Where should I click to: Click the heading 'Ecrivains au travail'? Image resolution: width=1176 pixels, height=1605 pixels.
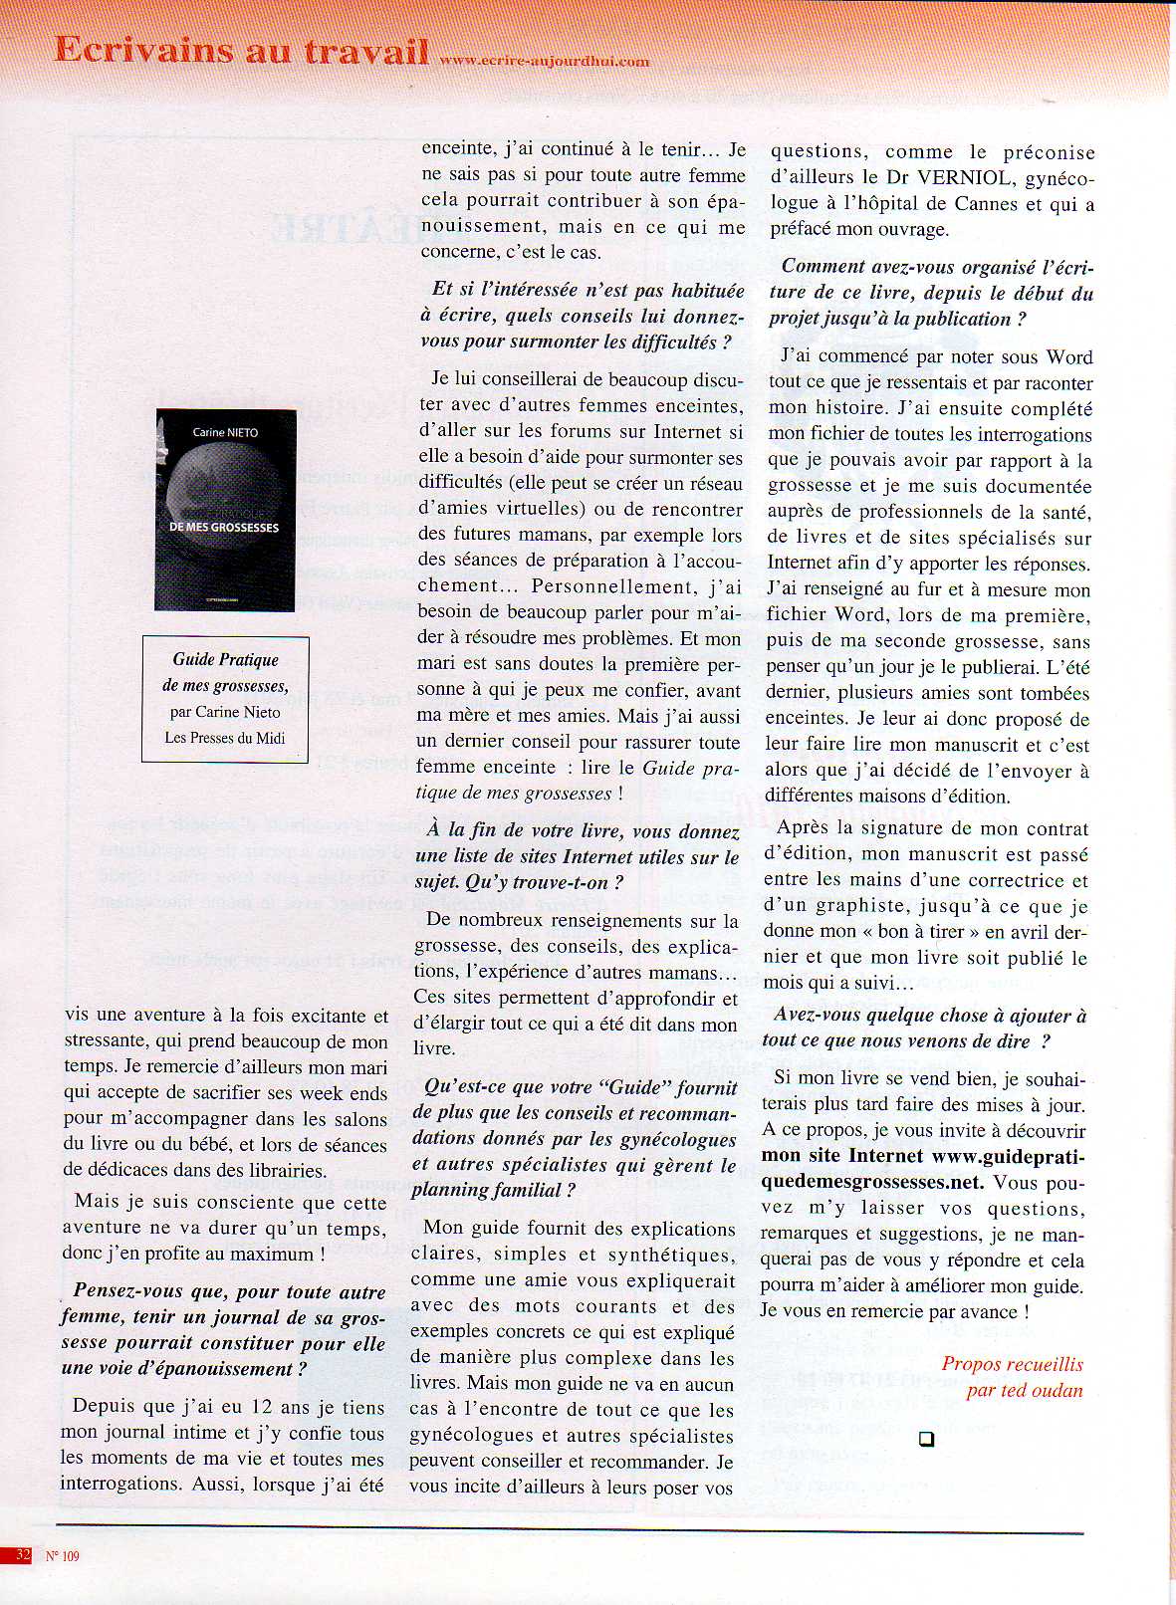tap(241, 50)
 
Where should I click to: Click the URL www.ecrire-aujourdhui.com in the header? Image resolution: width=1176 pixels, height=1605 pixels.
tap(544, 61)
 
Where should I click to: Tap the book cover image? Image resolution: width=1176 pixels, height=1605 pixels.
tap(226, 510)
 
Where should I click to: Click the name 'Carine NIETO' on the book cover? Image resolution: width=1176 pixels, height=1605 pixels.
tap(225, 432)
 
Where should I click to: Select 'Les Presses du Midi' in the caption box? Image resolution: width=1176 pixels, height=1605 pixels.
tap(225, 738)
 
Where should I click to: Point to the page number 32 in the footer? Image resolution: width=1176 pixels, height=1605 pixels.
tap(23, 1554)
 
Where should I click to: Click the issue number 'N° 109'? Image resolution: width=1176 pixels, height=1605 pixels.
tap(63, 1555)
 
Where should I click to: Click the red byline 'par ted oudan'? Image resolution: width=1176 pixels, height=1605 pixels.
tap(1024, 1390)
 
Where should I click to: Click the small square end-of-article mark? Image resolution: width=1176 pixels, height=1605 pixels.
tap(926, 1439)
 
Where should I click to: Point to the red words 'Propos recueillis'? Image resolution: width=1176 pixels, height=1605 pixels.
tap(1012, 1364)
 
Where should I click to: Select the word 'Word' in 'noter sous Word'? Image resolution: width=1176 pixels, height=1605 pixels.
tap(1068, 356)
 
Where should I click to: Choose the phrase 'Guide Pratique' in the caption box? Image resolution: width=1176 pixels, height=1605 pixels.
tap(225, 659)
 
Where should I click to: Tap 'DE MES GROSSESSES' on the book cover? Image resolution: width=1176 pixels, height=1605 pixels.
tap(224, 527)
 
